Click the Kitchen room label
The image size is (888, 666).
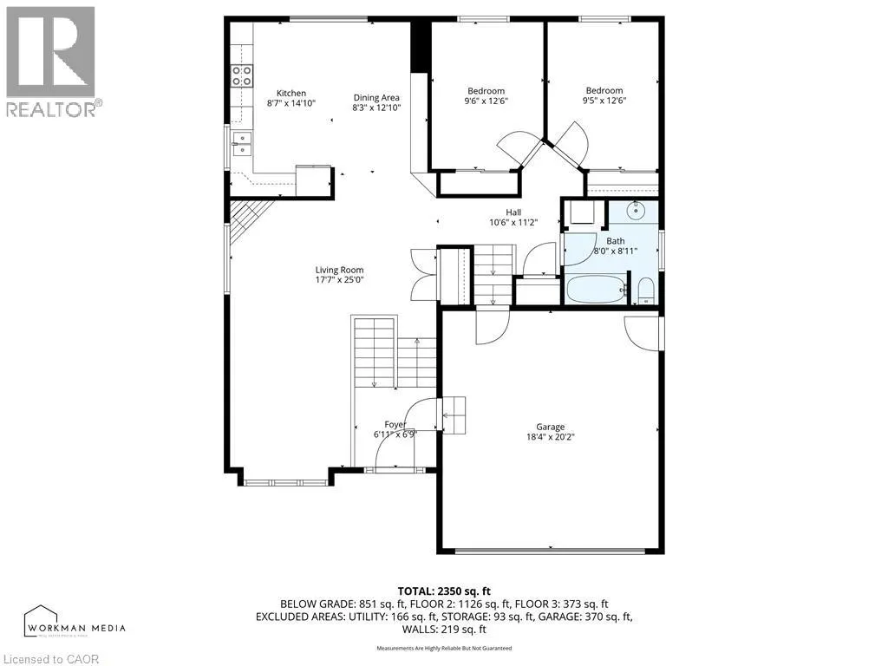[x=291, y=93]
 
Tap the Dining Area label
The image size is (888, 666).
[x=375, y=97]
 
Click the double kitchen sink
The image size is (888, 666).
[x=241, y=143]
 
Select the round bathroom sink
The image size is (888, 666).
[x=637, y=210]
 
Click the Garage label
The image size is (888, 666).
[x=550, y=427]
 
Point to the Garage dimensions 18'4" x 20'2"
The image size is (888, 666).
[x=550, y=437]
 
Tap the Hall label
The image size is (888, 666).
[x=513, y=211]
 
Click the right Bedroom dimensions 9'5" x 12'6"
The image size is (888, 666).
[x=604, y=101]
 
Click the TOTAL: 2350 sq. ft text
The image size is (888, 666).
[x=444, y=591]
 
